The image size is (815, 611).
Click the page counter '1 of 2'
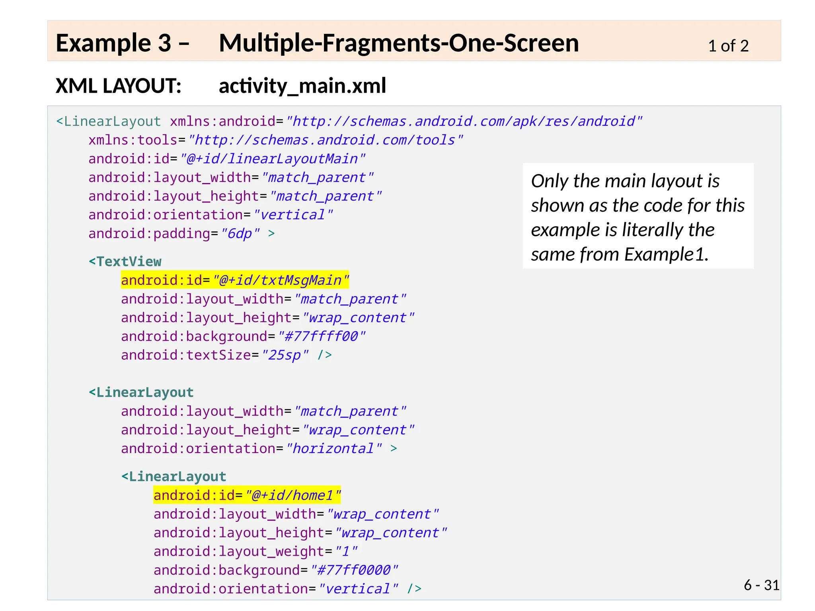tap(728, 46)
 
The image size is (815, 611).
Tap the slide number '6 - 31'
tap(761, 585)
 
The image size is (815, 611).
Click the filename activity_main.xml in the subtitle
tap(302, 86)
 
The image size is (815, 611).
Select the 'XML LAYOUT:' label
tap(119, 86)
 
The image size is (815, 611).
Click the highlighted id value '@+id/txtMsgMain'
tap(281, 280)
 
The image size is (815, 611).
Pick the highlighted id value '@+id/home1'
tap(293, 495)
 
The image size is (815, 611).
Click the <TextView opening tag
tap(125, 262)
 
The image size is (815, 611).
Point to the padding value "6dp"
tap(240, 234)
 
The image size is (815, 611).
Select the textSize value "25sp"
tap(285, 355)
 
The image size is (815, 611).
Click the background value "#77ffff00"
tap(322, 337)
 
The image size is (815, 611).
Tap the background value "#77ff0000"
tap(354, 570)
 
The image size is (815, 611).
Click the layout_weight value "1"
tap(346, 551)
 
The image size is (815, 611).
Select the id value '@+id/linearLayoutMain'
tap(273, 159)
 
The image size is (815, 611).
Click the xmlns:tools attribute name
tap(133, 140)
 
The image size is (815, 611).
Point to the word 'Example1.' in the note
tap(666, 255)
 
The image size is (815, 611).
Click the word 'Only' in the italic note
tap(550, 181)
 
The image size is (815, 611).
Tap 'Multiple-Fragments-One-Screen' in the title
tap(399, 43)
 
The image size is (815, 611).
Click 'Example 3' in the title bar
tap(113, 43)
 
